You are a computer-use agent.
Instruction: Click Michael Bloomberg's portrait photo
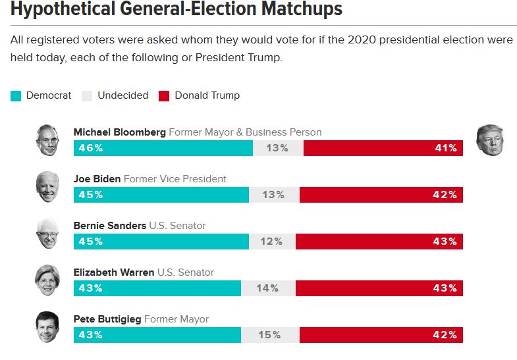click(x=47, y=140)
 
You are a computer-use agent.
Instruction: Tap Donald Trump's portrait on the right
click(x=489, y=140)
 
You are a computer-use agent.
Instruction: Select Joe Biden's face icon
click(x=47, y=187)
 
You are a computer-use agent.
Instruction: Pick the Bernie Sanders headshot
click(x=47, y=234)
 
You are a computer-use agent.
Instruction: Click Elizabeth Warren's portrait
click(x=47, y=280)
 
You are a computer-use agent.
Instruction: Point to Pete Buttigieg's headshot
click(x=47, y=327)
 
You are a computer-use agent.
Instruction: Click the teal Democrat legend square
click(x=16, y=96)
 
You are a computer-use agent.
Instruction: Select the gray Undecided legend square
click(x=87, y=96)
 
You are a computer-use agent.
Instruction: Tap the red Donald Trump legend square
click(x=164, y=96)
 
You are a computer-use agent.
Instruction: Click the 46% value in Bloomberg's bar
click(x=91, y=148)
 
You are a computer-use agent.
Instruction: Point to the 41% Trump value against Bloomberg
click(x=445, y=148)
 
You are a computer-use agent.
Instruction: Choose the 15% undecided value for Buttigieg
click(x=269, y=335)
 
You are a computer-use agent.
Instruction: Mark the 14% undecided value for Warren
click(x=267, y=288)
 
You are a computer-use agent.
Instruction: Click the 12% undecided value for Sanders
click(x=271, y=242)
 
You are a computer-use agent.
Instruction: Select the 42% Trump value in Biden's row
click(x=445, y=195)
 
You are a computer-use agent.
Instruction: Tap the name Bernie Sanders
click(x=110, y=226)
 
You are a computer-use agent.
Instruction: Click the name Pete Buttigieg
click(x=107, y=319)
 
